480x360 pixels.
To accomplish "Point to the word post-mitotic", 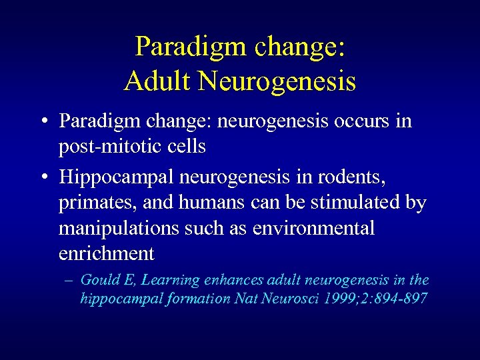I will click(107, 146).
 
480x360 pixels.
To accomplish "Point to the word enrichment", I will click(107, 253).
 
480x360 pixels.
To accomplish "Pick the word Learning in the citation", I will click(174, 281).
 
